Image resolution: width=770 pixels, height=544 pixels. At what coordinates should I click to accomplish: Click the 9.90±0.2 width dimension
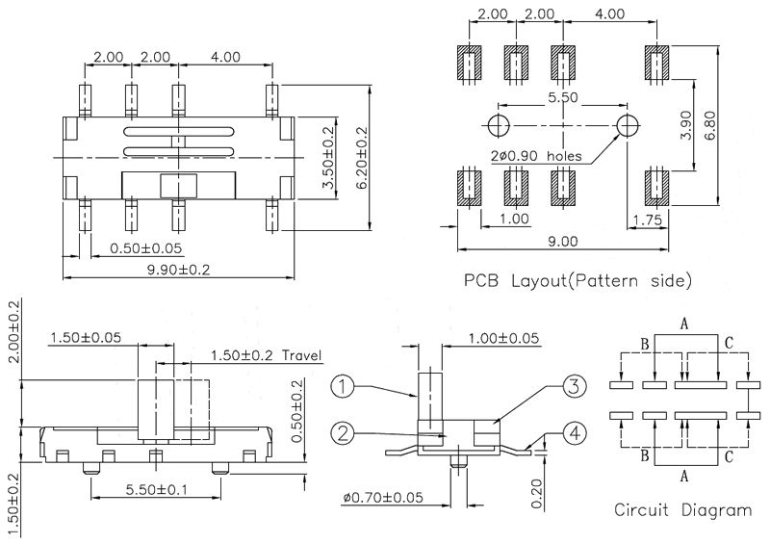[x=178, y=270]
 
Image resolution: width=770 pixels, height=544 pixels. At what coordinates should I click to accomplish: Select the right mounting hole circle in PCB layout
[x=628, y=125]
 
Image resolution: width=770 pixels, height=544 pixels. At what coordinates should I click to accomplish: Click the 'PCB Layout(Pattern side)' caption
[x=577, y=281]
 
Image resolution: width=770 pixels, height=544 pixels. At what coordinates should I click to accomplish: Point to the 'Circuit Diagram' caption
[x=683, y=510]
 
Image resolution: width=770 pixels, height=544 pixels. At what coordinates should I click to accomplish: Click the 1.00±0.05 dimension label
[x=502, y=337]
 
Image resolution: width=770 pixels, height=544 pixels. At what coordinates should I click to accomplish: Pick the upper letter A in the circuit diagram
[x=683, y=324]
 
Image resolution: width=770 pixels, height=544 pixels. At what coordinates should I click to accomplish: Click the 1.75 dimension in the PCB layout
[x=647, y=220]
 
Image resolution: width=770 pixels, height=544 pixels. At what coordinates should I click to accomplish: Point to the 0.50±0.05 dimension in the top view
[x=144, y=247]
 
